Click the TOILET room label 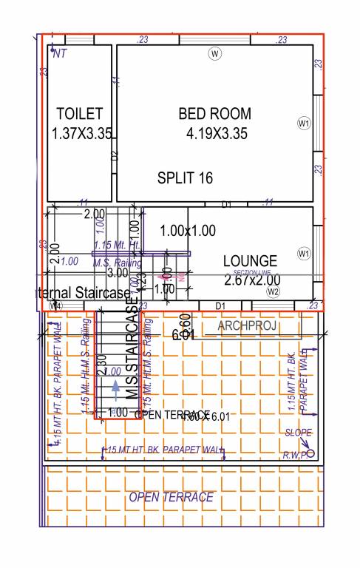click(x=79, y=114)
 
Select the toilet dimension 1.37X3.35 click(x=81, y=134)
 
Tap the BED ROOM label click(x=214, y=114)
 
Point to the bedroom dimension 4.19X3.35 click(x=217, y=134)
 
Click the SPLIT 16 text click(x=185, y=178)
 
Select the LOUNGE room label click(x=250, y=261)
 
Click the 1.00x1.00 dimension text click(x=188, y=231)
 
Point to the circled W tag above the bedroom click(x=215, y=54)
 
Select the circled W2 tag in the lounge click(x=274, y=292)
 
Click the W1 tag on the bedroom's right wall click(x=303, y=123)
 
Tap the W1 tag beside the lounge click(x=303, y=254)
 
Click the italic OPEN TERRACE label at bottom click(x=171, y=497)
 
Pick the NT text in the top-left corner click(x=58, y=53)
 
